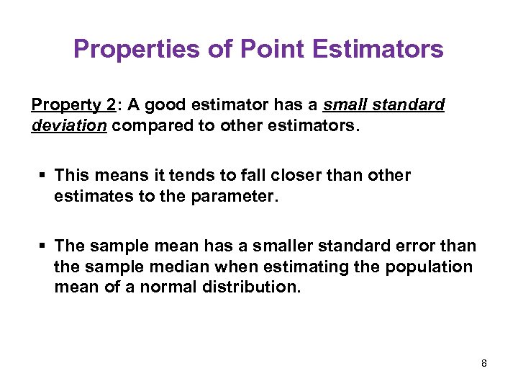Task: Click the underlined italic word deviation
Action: pos(70,125)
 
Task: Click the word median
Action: pos(178,267)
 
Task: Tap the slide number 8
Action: pos(484,363)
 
